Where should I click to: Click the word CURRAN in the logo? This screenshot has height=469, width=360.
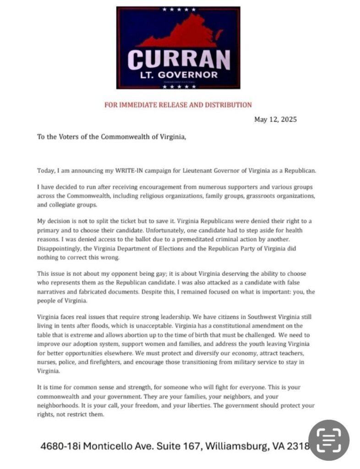pos(178,59)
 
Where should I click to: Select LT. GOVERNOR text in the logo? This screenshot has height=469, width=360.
pos(178,75)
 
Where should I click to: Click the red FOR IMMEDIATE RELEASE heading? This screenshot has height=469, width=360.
pos(178,105)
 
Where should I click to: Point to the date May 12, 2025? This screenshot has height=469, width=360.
pos(275,120)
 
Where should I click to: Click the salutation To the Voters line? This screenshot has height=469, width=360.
pos(112,137)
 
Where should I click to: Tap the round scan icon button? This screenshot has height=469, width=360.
pos(328,440)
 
